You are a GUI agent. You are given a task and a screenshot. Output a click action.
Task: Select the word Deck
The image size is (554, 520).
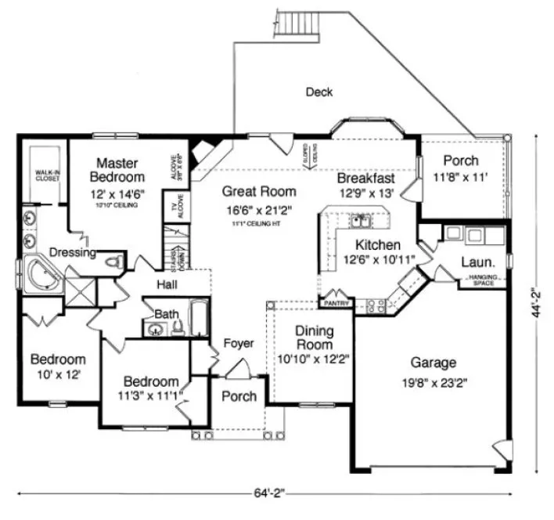[x=318, y=92]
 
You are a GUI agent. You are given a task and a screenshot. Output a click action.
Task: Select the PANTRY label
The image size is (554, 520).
[x=335, y=302]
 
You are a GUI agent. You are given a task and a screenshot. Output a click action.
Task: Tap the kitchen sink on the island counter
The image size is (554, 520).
[x=361, y=220]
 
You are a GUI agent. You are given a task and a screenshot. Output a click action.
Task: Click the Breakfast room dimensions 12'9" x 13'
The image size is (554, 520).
[x=365, y=193]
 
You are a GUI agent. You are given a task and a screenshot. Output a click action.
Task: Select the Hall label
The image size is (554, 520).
[x=169, y=283]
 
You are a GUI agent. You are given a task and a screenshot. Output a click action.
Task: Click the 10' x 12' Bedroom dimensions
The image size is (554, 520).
[x=57, y=374]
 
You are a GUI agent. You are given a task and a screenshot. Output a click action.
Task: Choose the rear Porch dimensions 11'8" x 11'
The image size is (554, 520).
[x=461, y=178]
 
